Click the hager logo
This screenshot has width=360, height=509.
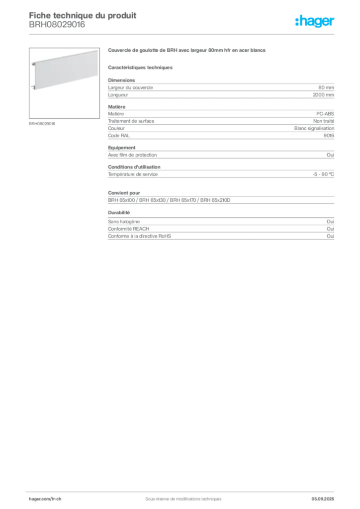point(315,21)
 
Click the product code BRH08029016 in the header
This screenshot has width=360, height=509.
point(57,25)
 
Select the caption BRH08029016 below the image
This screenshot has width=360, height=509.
point(42,124)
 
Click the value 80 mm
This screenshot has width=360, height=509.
point(326,87)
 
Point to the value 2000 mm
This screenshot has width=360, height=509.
point(323,95)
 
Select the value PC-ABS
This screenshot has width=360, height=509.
point(325,114)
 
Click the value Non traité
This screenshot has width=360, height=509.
point(324,121)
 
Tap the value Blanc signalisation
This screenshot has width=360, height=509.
point(314,128)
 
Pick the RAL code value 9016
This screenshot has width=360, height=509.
point(329,136)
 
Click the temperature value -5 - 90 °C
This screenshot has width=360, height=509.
point(323,174)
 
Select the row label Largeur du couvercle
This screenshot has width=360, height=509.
point(130,87)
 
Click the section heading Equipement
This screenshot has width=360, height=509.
point(122,148)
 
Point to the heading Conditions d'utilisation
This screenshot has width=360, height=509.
point(134,167)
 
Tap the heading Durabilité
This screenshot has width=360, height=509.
point(119,213)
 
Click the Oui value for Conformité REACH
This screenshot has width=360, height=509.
point(331,229)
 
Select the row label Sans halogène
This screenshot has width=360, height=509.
point(124,222)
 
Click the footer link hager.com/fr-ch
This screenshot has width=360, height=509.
point(45,499)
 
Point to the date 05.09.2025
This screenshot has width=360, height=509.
point(323,499)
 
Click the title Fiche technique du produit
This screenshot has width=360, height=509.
point(83,15)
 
